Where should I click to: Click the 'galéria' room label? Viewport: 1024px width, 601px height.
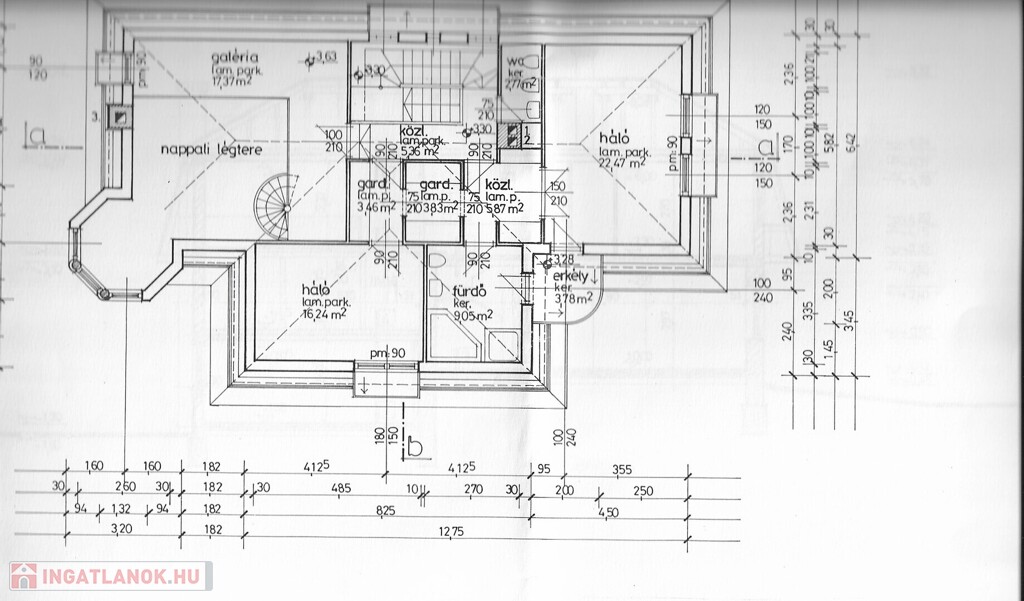[235, 57]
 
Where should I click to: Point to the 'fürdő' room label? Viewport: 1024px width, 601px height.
[469, 291]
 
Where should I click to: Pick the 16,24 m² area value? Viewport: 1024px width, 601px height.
[324, 312]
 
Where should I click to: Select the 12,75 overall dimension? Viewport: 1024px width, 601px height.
[449, 531]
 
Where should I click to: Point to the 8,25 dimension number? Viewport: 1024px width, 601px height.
[386, 511]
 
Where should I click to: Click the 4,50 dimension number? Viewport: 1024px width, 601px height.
[608, 511]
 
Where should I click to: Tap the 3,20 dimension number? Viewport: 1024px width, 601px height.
[122, 529]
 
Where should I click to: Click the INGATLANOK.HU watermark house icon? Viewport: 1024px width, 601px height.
[23, 576]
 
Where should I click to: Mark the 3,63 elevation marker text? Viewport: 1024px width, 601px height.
[326, 56]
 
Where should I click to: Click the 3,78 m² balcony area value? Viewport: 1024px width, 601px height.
[573, 296]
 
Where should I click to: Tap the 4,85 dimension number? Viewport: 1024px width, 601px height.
[341, 488]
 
